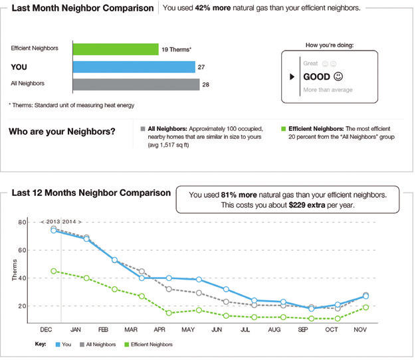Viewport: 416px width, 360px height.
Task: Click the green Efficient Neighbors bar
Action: coord(115,49)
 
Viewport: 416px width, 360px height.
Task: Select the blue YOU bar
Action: coord(134,66)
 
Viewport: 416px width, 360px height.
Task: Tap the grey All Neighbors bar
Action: coord(136,84)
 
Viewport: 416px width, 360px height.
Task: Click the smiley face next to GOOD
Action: coord(340,76)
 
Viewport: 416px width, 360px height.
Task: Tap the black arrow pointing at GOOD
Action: coord(291,77)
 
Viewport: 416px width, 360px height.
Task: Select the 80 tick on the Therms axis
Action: coord(22,223)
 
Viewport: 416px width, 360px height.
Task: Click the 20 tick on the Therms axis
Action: coord(22,306)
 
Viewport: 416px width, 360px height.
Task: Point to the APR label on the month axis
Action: coord(159,329)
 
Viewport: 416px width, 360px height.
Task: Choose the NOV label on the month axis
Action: coord(360,329)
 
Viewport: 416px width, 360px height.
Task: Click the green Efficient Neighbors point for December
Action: coord(54,271)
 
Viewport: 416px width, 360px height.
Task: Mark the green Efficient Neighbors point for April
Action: coord(169,313)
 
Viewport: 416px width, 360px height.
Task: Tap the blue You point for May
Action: coord(199,280)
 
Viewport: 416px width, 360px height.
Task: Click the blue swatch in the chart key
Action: coord(58,344)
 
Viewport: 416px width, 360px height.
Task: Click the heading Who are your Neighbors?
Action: coord(62,132)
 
